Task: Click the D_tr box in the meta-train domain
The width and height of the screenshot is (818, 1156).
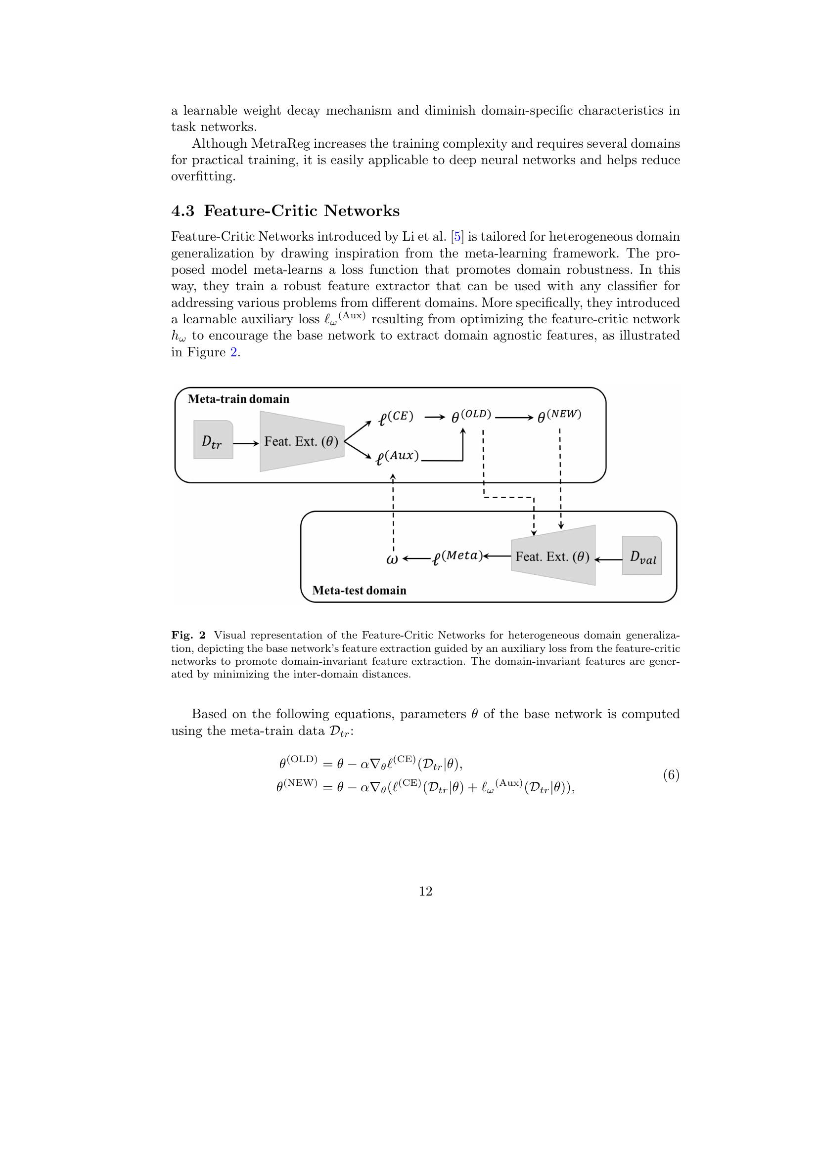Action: point(213,440)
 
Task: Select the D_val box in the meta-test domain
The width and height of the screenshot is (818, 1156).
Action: point(642,556)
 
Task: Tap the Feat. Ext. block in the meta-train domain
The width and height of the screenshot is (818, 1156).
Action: point(302,441)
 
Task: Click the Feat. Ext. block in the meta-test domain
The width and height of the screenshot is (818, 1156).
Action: point(552,557)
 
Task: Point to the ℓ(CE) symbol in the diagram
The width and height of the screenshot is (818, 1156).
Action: point(396,418)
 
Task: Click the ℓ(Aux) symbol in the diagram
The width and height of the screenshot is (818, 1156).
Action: point(398,457)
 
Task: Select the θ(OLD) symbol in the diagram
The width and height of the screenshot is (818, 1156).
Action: point(470,416)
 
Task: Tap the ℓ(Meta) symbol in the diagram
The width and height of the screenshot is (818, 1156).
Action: point(456,557)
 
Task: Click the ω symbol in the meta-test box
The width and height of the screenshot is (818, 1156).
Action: point(392,559)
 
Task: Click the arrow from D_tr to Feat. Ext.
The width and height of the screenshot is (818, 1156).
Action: point(246,443)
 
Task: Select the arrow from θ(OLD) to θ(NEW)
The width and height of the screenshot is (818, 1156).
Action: point(514,418)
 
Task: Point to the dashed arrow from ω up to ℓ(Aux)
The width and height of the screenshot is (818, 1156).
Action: point(393,514)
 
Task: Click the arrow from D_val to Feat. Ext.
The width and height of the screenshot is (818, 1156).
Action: point(608,558)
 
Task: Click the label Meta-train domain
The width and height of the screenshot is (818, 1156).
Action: point(238,399)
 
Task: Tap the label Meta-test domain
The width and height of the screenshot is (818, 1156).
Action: point(359,590)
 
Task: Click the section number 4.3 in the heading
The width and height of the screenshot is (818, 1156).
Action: point(182,211)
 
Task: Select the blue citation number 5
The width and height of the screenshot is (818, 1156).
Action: point(457,237)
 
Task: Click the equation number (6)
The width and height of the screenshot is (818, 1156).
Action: point(671,775)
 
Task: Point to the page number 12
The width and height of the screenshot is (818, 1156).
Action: point(425,891)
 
